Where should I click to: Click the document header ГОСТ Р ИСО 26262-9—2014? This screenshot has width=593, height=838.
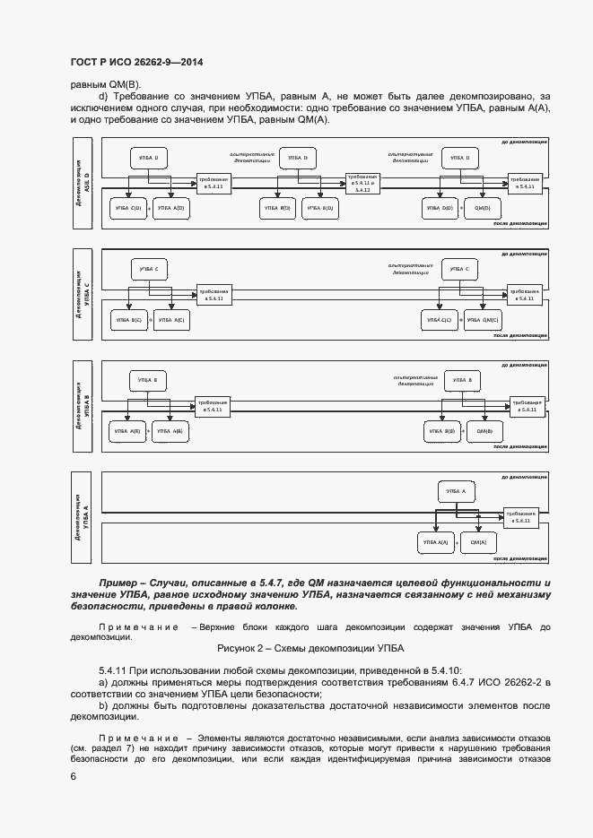[x=136, y=62]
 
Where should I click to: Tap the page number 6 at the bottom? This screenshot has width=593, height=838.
[x=73, y=776]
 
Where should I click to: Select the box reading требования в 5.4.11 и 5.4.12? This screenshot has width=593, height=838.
[x=362, y=183]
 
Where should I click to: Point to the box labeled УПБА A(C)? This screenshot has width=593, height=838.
[x=170, y=320]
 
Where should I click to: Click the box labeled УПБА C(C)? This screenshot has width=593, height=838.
[x=439, y=320]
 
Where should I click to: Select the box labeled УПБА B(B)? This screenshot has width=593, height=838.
[x=440, y=431]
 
